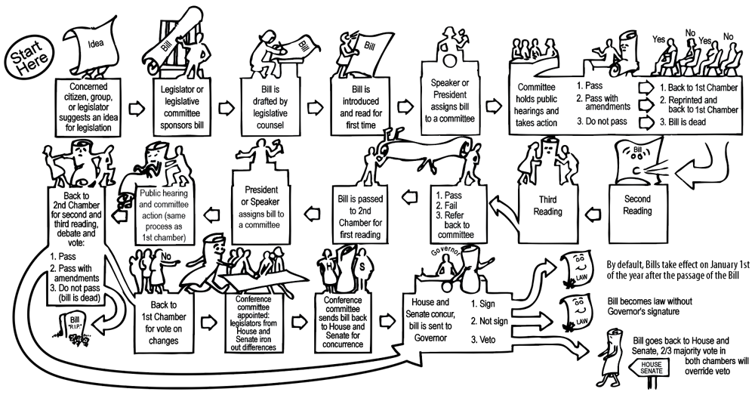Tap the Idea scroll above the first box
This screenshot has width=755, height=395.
(92, 42)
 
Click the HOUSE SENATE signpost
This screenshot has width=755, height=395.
(651, 369)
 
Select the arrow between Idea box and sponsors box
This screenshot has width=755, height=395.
(137, 108)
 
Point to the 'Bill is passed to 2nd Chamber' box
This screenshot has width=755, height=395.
(363, 214)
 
